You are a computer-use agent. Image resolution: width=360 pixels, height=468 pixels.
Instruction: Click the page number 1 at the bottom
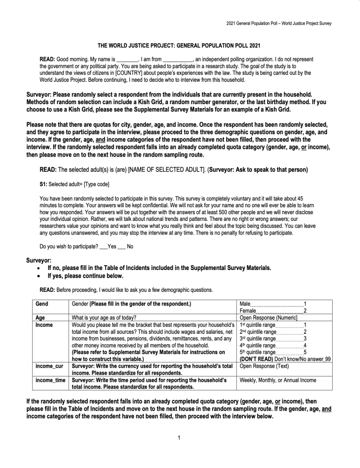tap(179, 438)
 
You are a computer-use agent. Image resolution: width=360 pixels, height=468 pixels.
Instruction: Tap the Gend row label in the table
tap(42, 304)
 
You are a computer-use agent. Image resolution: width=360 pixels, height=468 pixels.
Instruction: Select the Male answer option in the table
tap(247, 304)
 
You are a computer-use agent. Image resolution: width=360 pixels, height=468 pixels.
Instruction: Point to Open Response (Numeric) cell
tap(269, 318)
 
